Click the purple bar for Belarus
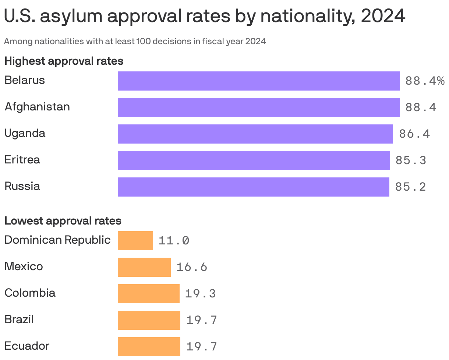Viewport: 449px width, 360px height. [x=258, y=81]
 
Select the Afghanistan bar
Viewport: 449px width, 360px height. [x=258, y=107]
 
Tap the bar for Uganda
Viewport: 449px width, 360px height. [x=255, y=134]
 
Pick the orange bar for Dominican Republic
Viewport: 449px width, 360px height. [x=135, y=241]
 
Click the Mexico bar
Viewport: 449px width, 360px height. [x=144, y=267]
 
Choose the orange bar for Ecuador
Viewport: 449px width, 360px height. [x=149, y=347]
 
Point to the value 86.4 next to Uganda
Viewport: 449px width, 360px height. [x=414, y=134]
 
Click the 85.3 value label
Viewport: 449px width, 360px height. [x=411, y=160]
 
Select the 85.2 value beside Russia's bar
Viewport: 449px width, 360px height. [x=410, y=187]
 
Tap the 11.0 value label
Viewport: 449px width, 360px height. [x=174, y=241]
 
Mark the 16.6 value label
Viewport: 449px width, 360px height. [x=192, y=267]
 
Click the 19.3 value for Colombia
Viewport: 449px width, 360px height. [x=200, y=294]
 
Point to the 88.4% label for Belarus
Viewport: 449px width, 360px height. [x=425, y=81]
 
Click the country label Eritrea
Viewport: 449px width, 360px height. [x=22, y=160]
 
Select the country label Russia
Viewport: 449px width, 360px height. [x=22, y=186]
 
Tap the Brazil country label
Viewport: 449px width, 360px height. [x=19, y=319]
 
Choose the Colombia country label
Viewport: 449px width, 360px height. [x=30, y=293]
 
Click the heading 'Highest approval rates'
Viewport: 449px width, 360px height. [x=64, y=61]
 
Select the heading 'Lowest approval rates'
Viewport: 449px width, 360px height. [x=63, y=221]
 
